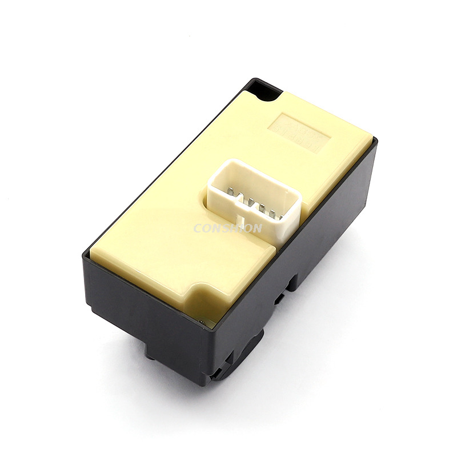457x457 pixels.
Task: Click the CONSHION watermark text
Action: [x=228, y=228]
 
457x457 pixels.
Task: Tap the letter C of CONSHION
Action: [x=197, y=228]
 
